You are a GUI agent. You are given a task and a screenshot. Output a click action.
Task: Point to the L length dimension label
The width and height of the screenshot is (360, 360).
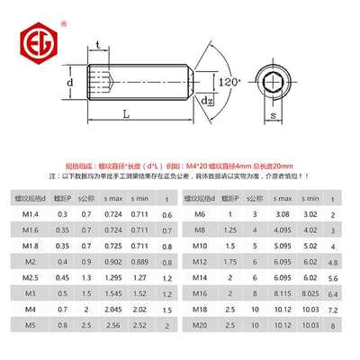coord(125,115)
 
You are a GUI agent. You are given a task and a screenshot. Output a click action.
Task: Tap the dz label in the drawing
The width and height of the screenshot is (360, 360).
coord(206,101)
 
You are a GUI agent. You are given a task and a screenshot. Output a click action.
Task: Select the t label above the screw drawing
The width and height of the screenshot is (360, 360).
coord(97,44)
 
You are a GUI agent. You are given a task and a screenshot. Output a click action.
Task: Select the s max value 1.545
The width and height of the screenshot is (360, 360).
coord(113,292)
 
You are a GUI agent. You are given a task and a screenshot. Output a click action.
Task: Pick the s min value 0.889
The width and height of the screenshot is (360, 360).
coord(140,262)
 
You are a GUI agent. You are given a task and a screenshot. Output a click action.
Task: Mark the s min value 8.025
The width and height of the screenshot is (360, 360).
coord(310,292)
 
